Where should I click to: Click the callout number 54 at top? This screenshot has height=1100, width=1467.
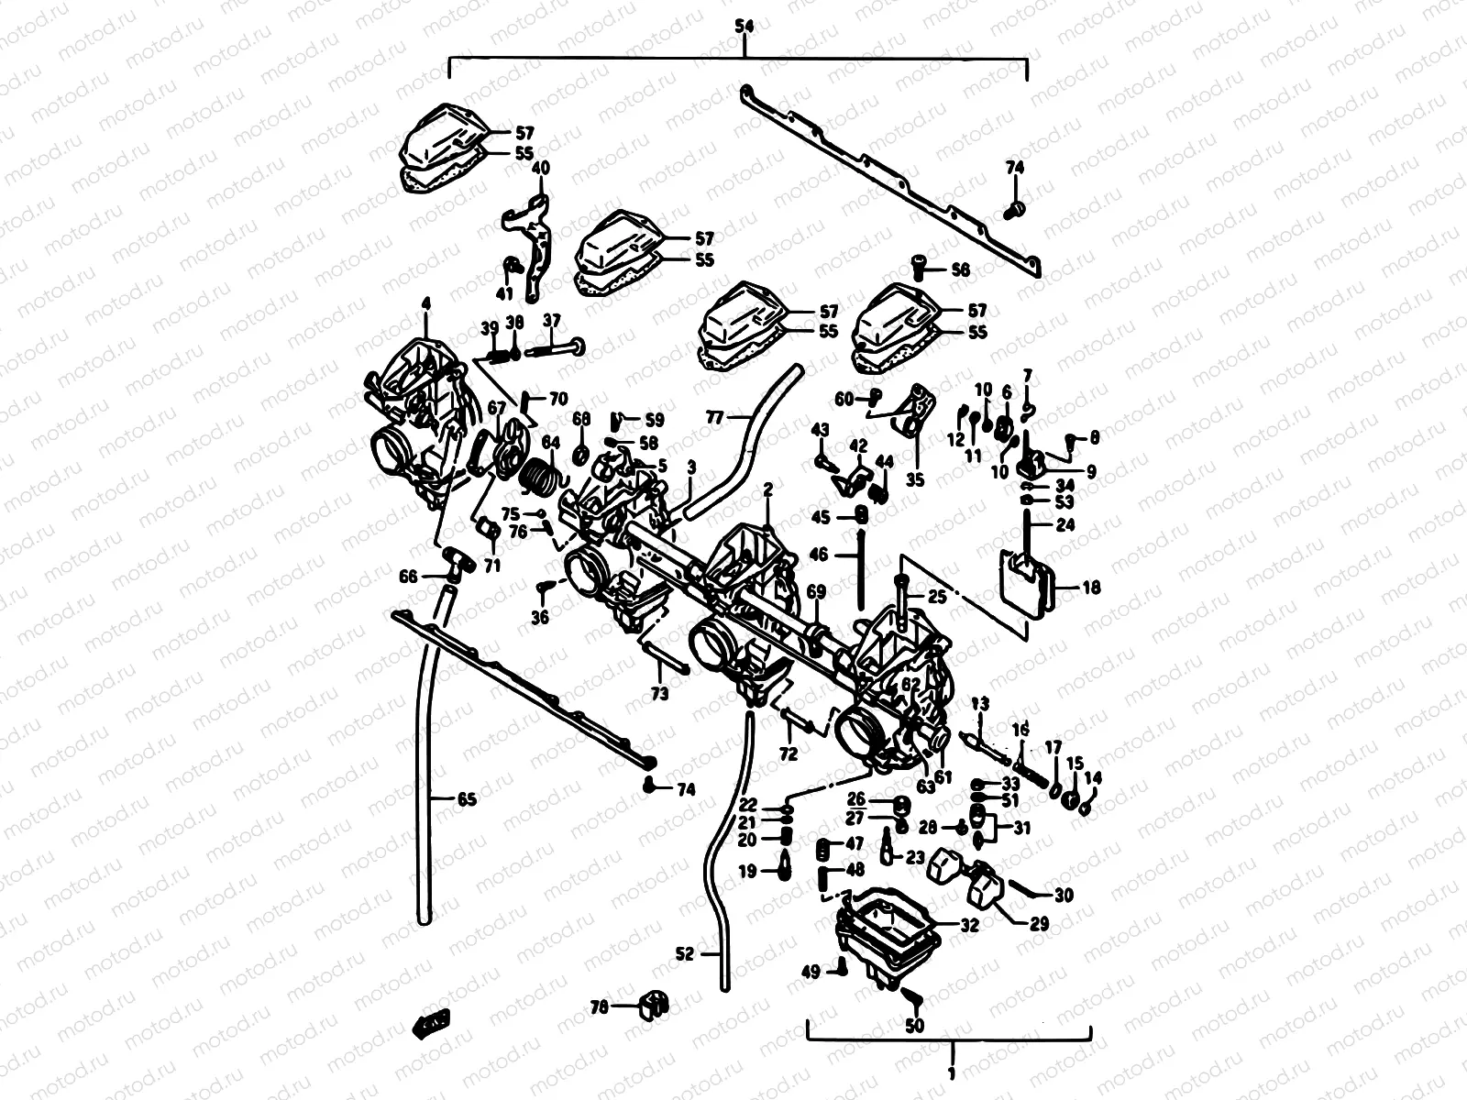click(x=744, y=28)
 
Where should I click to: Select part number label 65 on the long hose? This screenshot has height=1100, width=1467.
click(x=467, y=799)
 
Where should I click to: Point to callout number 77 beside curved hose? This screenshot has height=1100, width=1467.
click(x=714, y=417)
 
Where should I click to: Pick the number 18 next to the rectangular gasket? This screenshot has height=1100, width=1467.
click(x=1090, y=588)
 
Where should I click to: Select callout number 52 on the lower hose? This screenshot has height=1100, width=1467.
click(x=685, y=954)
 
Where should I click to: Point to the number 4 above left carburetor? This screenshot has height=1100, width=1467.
click(x=425, y=302)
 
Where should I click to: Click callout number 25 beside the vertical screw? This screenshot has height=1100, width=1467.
click(x=936, y=597)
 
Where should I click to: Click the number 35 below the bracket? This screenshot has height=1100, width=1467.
click(x=915, y=479)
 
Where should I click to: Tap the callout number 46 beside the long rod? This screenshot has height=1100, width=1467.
click(x=818, y=555)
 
